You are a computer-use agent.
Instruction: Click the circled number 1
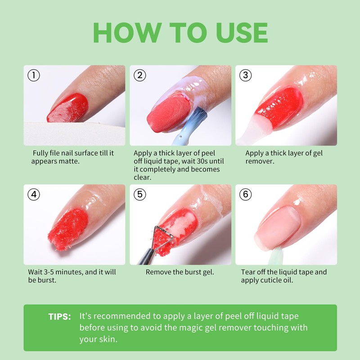click(x=34, y=75)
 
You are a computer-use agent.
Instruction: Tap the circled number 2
click(x=140, y=75)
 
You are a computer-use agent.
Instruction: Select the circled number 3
click(x=245, y=75)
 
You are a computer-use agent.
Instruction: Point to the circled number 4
click(x=34, y=194)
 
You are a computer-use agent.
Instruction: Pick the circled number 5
click(x=140, y=194)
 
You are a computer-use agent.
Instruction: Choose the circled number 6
click(x=245, y=194)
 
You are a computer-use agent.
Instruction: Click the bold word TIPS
click(x=59, y=317)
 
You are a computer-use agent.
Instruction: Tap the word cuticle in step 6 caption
click(x=270, y=280)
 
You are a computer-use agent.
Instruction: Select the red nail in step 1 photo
click(x=67, y=108)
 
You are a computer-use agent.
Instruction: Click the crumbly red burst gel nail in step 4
click(x=68, y=229)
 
